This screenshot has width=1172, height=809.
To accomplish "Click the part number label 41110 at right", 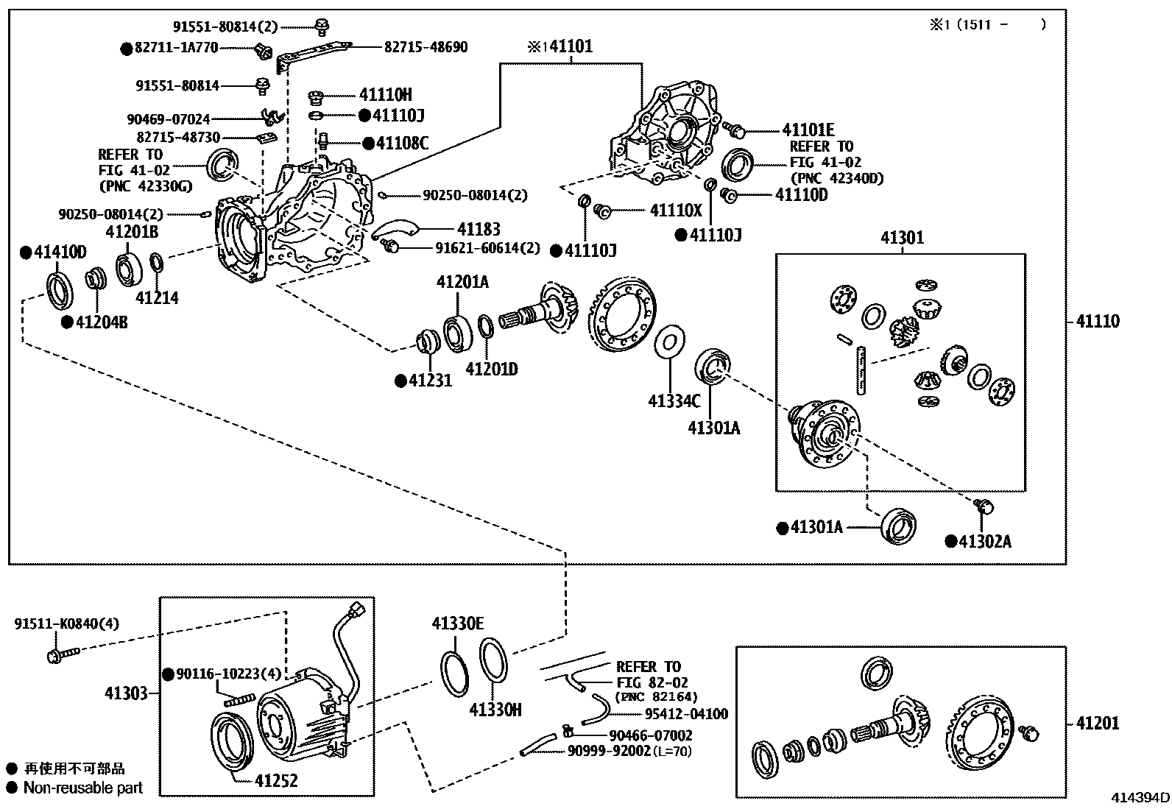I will (x=1097, y=321).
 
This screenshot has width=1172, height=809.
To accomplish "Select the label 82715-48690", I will (x=426, y=46).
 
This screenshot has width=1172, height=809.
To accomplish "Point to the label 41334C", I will (x=674, y=400).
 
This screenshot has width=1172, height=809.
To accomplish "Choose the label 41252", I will (x=276, y=780).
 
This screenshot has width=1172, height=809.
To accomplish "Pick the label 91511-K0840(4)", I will (x=66, y=624).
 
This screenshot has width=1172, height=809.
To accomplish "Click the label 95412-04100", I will (x=686, y=713).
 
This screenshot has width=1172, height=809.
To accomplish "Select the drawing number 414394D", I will (x=1140, y=798).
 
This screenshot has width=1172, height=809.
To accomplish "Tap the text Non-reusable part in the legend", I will (x=82, y=788).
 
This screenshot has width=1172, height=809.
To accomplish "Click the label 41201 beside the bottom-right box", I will (x=1097, y=723).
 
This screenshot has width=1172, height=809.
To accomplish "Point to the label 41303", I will (x=126, y=693).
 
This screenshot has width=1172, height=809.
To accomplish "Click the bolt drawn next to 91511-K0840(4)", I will (x=62, y=654).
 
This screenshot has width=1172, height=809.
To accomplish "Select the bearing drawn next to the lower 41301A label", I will (x=899, y=524).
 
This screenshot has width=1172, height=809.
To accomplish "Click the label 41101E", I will (x=808, y=130).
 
